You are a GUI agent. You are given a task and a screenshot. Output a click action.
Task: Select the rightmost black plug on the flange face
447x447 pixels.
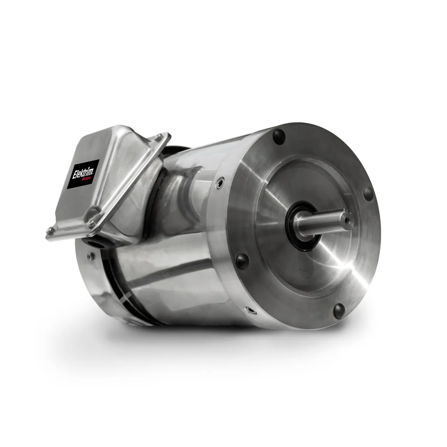click(x=368, y=193)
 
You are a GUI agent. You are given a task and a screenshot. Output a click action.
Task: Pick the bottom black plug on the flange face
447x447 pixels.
click(x=339, y=310)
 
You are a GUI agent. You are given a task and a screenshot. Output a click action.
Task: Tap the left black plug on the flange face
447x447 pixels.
click(x=242, y=261)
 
